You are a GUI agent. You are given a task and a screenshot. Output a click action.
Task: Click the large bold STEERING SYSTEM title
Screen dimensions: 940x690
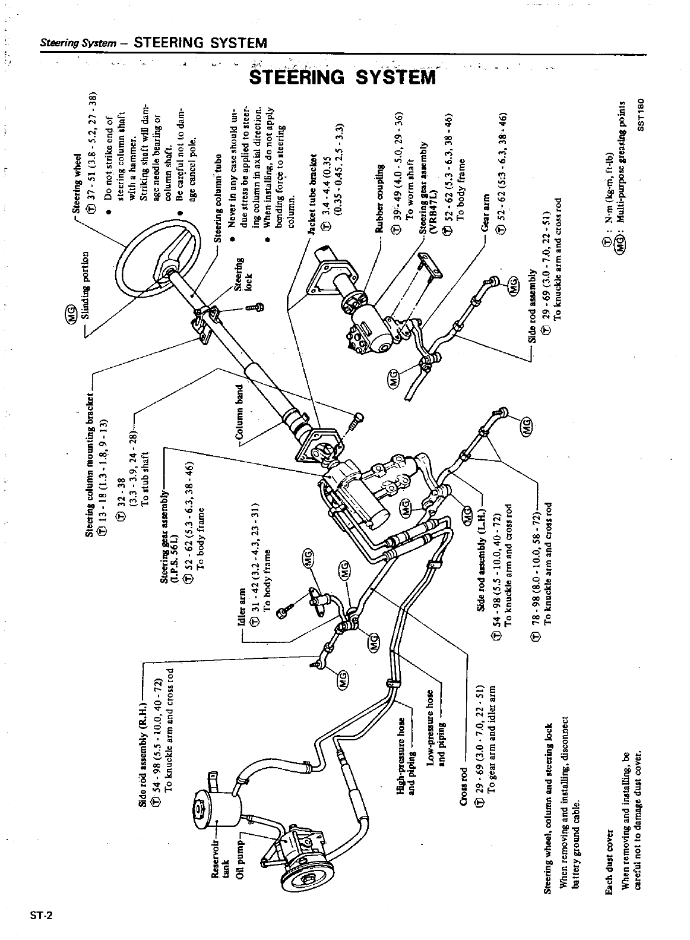coord(343,78)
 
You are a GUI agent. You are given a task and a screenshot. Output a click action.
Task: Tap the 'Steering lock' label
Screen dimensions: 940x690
coord(245,273)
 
